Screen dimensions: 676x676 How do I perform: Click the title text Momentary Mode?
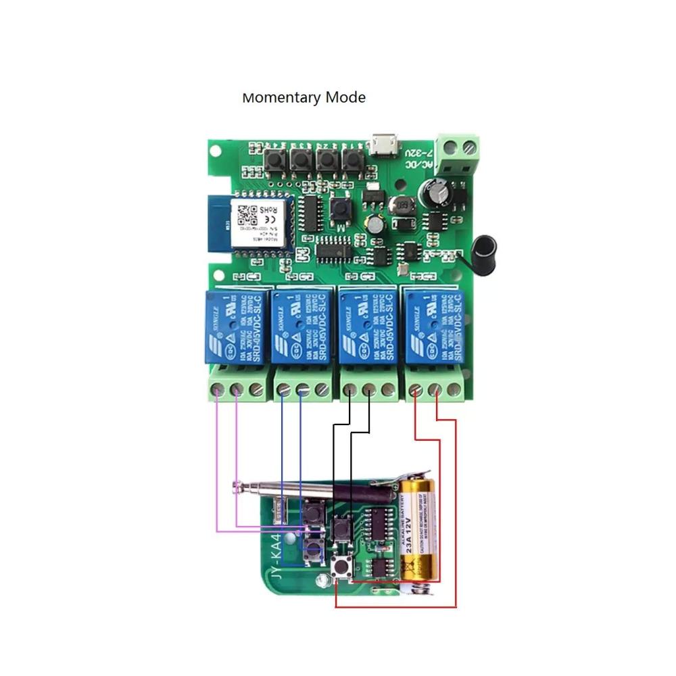pos(304,97)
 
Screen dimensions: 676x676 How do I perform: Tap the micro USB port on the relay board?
pos(383,145)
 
